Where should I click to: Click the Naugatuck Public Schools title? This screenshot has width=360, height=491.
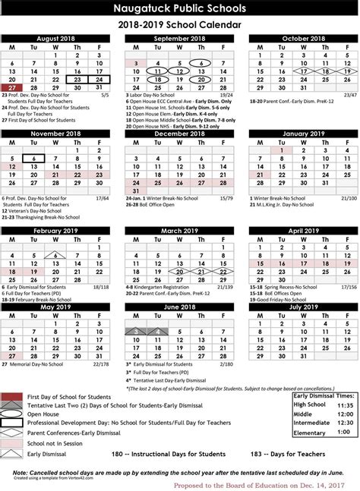point(179,8)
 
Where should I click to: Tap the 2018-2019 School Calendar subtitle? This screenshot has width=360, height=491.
point(179,24)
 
